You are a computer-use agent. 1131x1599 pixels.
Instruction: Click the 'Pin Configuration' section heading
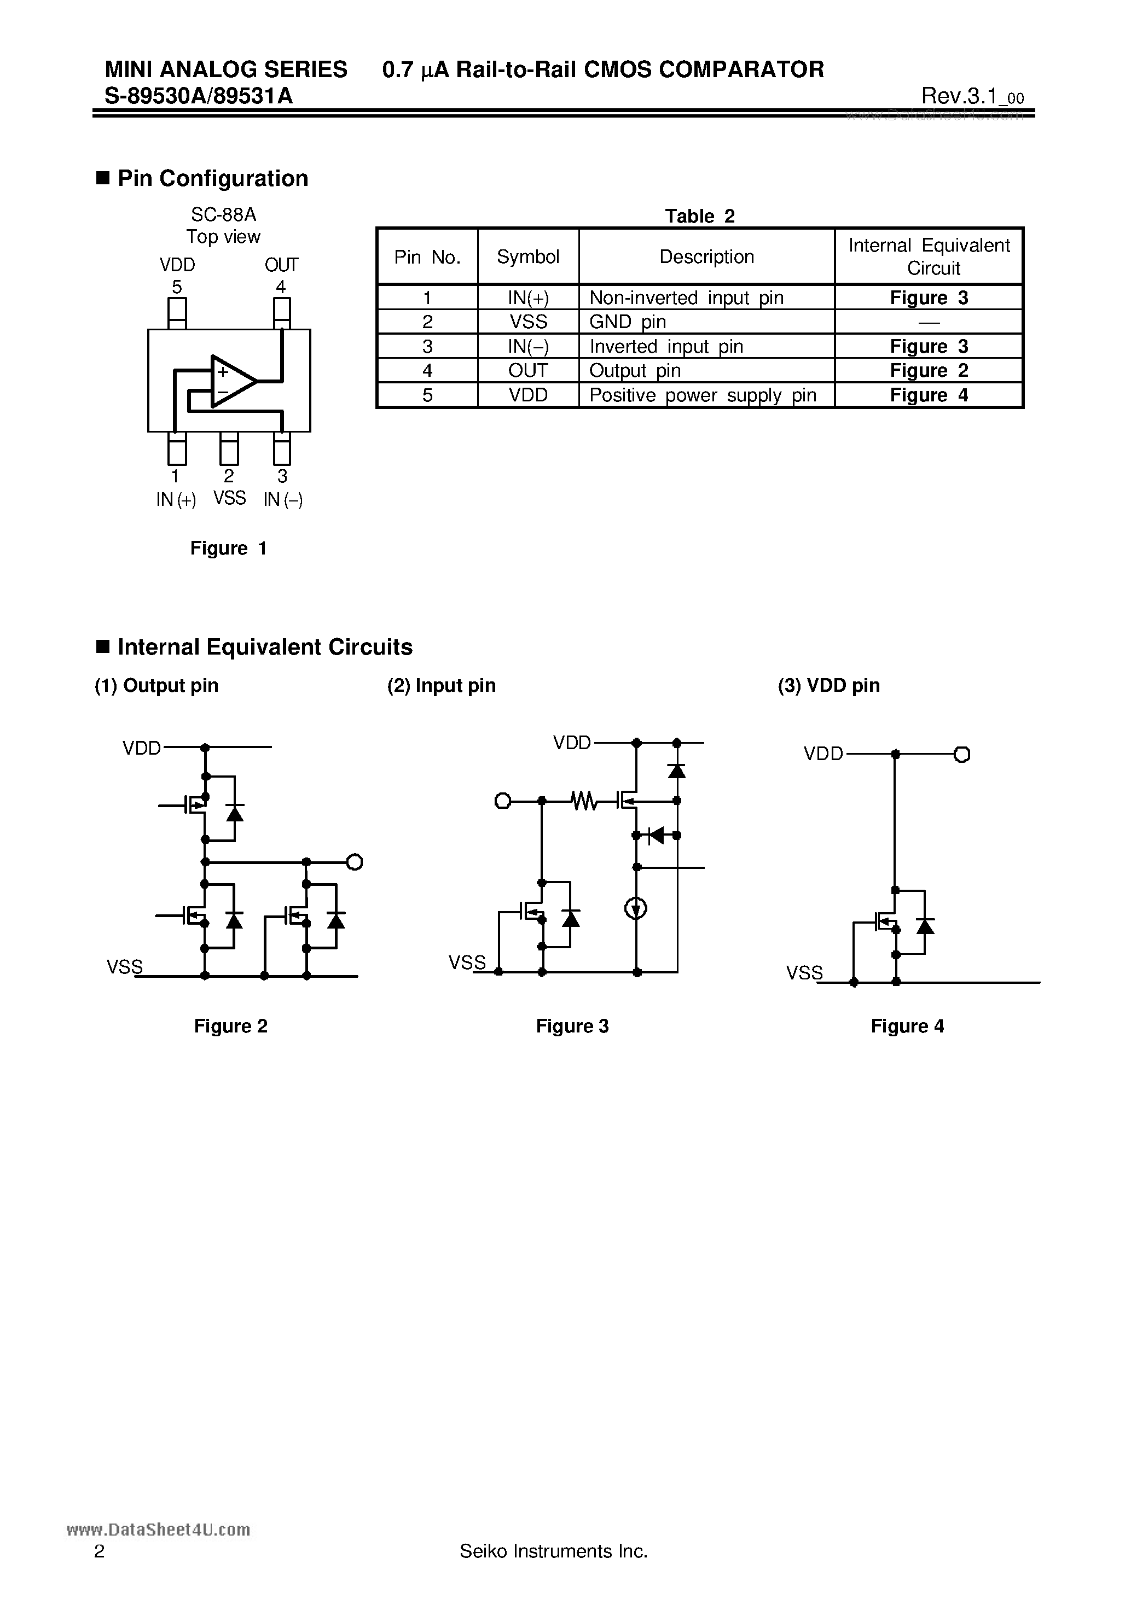tap(212, 179)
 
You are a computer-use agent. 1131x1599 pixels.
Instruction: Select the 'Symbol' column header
tap(527, 257)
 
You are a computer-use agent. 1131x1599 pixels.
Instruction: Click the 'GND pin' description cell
tap(627, 322)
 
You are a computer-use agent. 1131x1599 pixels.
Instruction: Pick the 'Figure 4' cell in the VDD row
tap(928, 395)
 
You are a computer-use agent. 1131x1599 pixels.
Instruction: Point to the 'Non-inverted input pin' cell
tap(686, 298)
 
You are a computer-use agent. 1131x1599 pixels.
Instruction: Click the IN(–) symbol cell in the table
tap(527, 346)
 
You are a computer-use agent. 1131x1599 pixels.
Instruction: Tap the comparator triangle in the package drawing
tap(232, 382)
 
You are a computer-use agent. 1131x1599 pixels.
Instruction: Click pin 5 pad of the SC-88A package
tap(177, 313)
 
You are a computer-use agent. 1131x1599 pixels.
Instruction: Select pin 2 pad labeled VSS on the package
tap(229, 448)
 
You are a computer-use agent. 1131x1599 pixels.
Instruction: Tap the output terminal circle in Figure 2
tap(354, 862)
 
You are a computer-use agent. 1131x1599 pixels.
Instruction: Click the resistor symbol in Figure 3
tap(584, 801)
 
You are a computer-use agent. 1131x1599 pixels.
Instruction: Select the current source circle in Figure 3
tap(635, 908)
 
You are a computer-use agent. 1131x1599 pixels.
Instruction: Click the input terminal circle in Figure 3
tap(502, 801)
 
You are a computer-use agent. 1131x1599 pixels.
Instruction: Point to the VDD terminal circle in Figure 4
tap(962, 754)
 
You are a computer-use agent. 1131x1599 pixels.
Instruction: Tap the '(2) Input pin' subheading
tap(441, 685)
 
